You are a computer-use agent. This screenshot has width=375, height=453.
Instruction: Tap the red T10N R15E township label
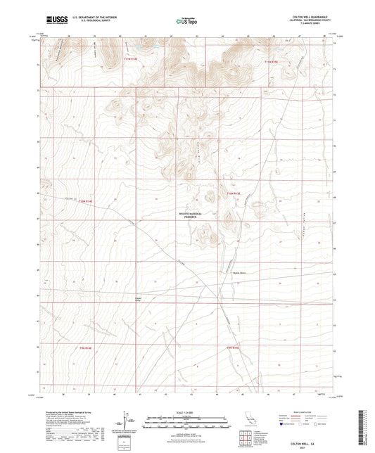(x=234, y=192)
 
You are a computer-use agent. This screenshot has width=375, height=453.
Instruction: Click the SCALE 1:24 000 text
(x=187, y=411)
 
